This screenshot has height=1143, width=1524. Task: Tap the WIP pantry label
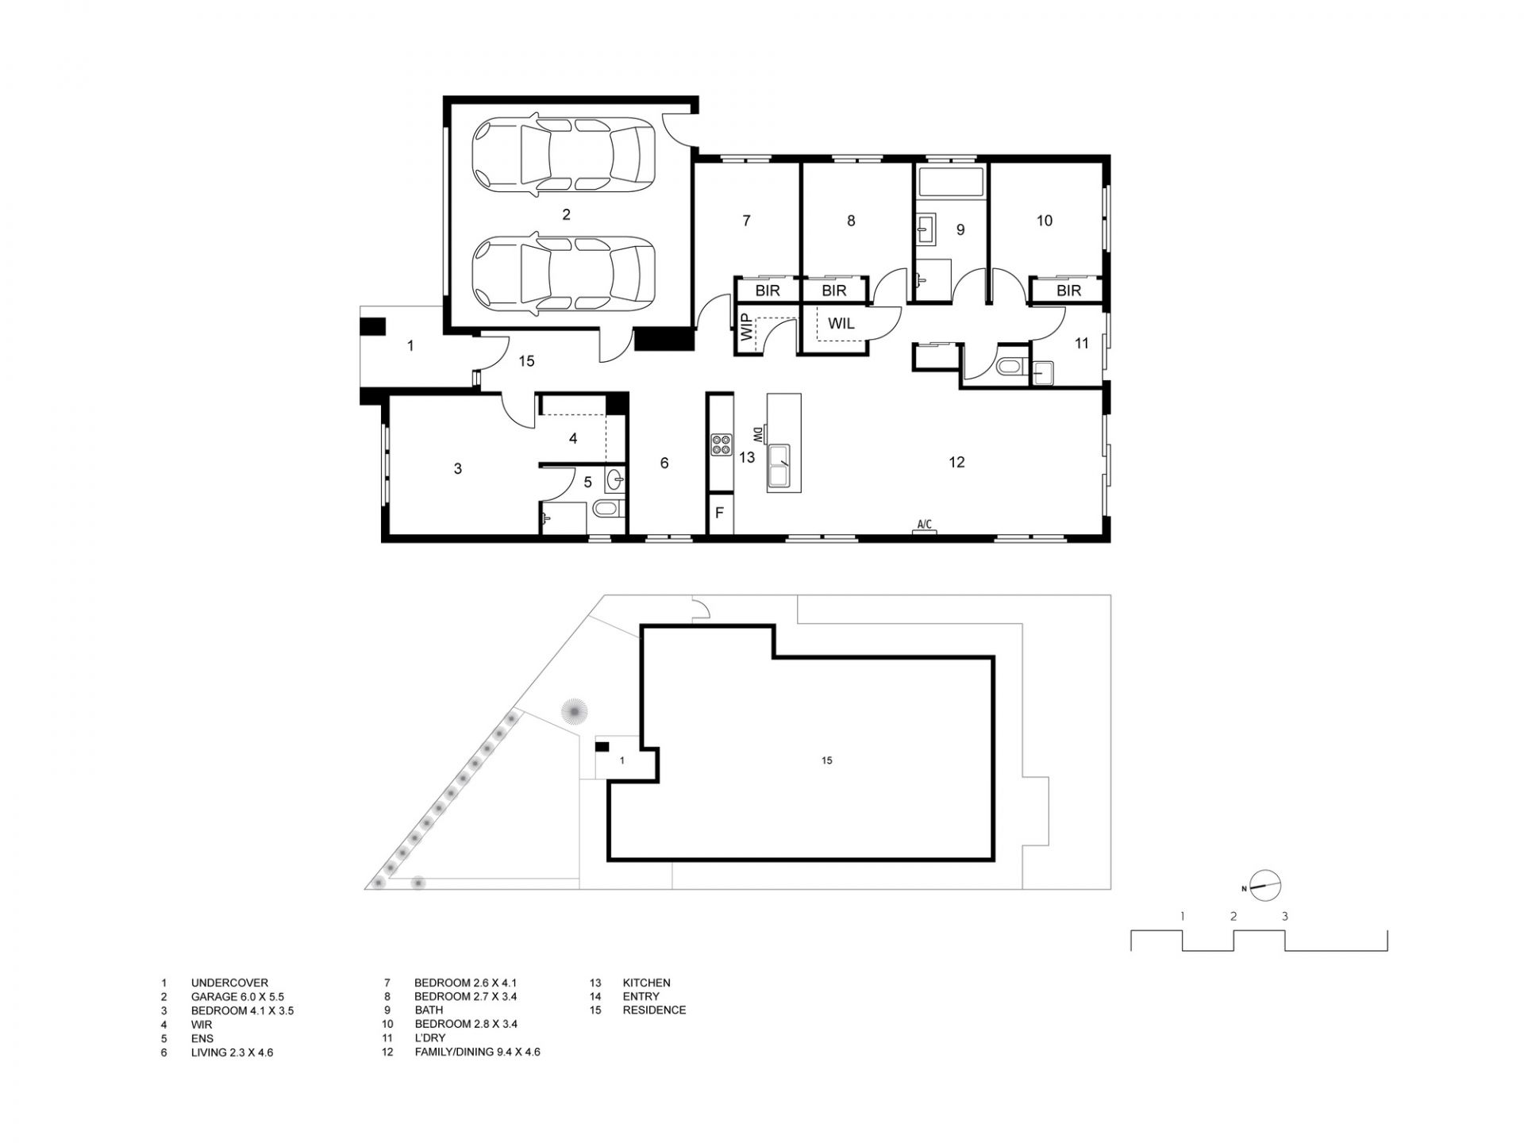[745, 327]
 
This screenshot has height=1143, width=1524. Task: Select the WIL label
[841, 324]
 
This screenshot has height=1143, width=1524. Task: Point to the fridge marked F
[720, 513]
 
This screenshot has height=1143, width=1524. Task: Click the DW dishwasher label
[757, 435]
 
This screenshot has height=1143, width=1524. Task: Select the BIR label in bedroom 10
[1068, 291]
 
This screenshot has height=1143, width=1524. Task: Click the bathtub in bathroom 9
[951, 183]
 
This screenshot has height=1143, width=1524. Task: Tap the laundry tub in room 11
[1041, 371]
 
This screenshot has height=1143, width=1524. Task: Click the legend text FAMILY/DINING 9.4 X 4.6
[477, 1053]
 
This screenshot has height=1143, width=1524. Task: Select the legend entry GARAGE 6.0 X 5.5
[237, 996]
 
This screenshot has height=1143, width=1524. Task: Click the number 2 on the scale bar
[1233, 916]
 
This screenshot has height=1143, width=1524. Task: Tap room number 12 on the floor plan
[956, 462]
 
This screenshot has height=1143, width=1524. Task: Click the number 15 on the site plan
[827, 760]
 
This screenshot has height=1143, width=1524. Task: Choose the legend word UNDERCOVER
[229, 983]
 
